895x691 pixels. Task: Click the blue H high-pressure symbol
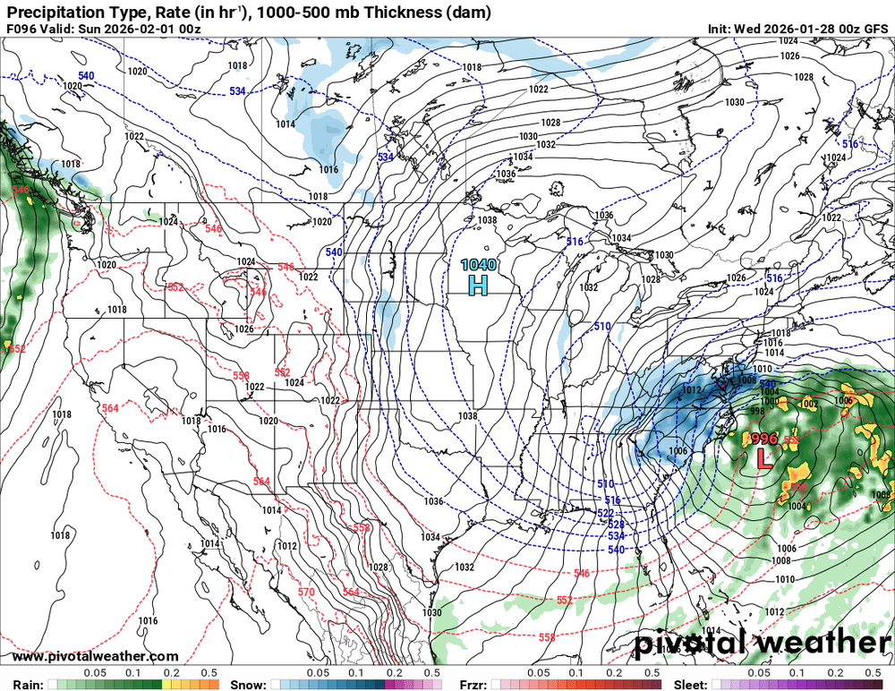pyautogui.click(x=479, y=286)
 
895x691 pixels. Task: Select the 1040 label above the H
pyautogui.click(x=478, y=265)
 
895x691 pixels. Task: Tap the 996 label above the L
pyautogui.click(x=763, y=439)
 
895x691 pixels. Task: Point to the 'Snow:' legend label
pyautogui.click(x=248, y=685)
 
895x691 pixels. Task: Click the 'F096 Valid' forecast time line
pyautogui.click(x=103, y=29)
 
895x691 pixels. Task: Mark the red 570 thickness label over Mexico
pyautogui.click(x=306, y=592)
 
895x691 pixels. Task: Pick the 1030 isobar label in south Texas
pyautogui.click(x=432, y=613)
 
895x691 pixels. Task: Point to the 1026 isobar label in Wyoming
pyautogui.click(x=243, y=328)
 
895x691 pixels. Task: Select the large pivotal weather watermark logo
pyautogui.click(x=763, y=643)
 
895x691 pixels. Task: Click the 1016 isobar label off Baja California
pyautogui.click(x=149, y=621)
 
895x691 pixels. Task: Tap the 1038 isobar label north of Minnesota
pyautogui.click(x=487, y=220)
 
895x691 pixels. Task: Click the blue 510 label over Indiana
pyautogui.click(x=601, y=327)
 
